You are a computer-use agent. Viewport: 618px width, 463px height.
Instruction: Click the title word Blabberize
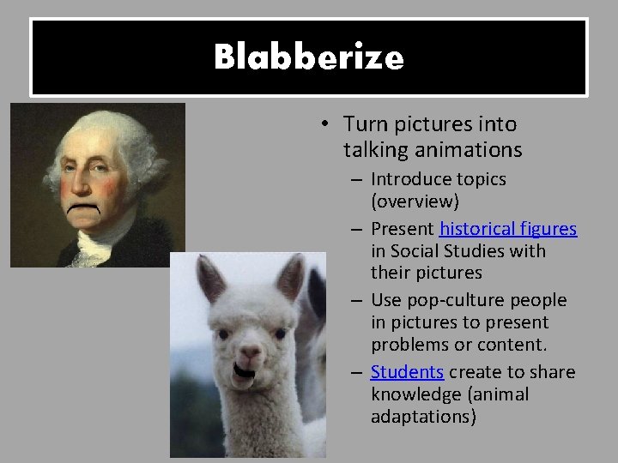[x=309, y=57]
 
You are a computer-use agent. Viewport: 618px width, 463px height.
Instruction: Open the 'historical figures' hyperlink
[x=508, y=229]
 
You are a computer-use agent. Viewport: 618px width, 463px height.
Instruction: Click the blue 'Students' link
[x=407, y=372]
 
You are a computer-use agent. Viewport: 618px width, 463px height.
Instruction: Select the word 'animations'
[x=475, y=150]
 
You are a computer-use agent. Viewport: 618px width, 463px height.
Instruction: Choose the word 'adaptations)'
[x=421, y=416]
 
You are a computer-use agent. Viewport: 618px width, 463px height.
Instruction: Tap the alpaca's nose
[x=249, y=352]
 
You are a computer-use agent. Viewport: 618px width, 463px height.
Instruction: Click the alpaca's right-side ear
[x=291, y=277]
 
